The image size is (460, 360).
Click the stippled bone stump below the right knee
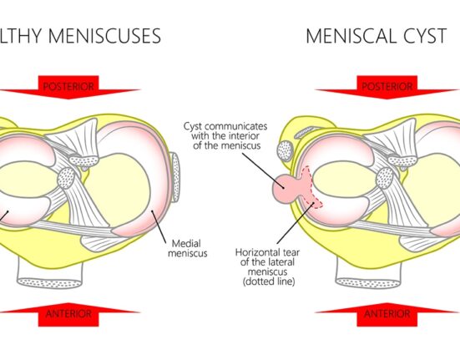pyautogui.click(x=368, y=282)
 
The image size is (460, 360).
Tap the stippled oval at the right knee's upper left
pyautogui.click(x=285, y=150)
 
